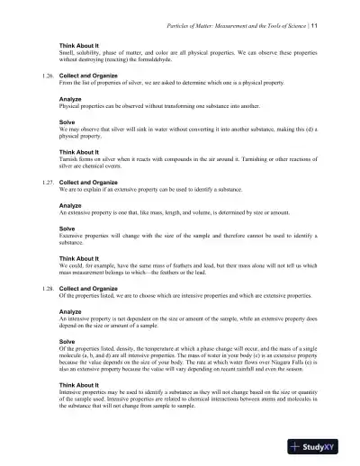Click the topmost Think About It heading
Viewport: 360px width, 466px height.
pyautogui.click(x=79, y=42)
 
